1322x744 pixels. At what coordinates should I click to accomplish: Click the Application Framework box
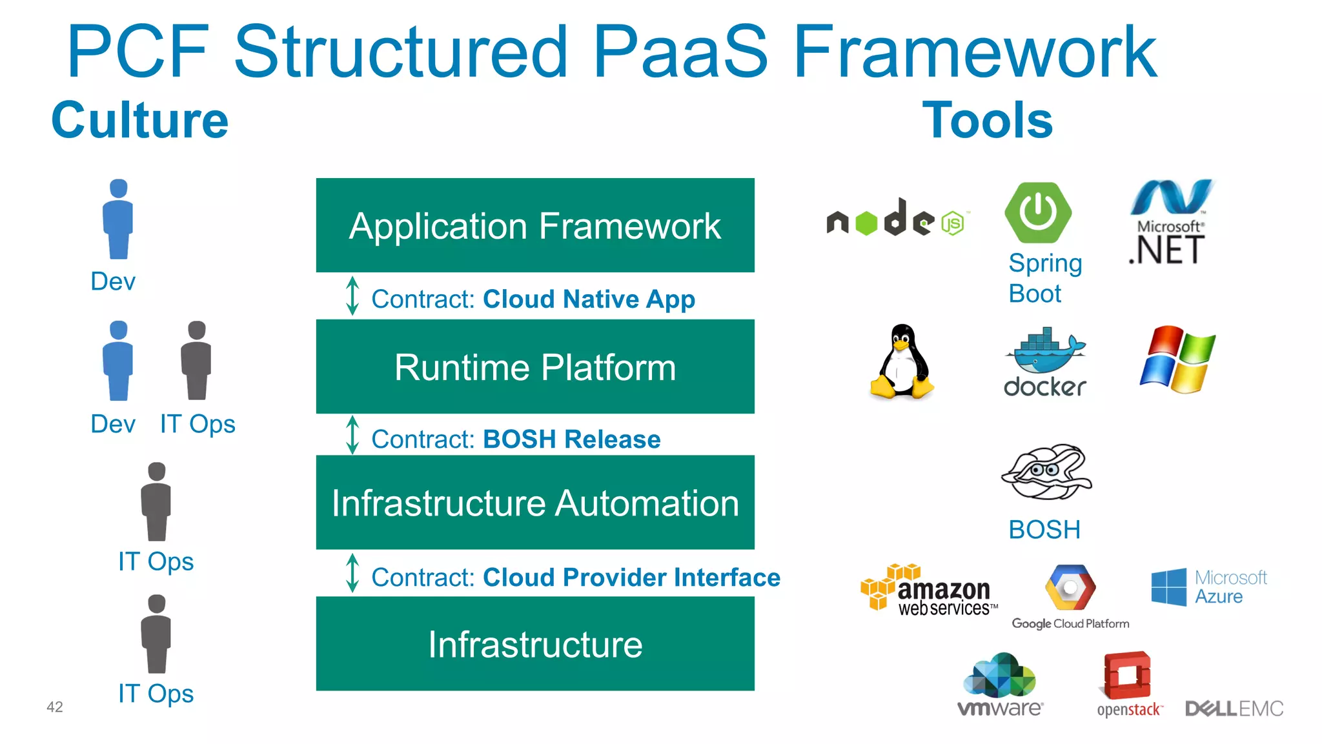[534, 225]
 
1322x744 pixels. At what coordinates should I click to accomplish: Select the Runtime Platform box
[534, 367]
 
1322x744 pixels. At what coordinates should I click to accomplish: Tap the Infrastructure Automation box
[534, 503]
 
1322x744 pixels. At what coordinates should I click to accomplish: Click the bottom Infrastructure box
[534, 644]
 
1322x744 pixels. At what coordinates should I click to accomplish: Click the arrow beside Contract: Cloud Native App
[352, 296]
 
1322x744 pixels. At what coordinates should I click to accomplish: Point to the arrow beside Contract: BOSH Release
[352, 435]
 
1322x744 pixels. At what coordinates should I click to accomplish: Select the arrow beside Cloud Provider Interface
[352, 573]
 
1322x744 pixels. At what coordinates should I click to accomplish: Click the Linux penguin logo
[902, 361]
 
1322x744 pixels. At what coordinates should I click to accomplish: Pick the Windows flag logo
[1177, 359]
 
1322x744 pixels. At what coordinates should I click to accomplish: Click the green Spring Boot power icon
[1038, 213]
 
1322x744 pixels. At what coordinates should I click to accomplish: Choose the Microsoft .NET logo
[1170, 222]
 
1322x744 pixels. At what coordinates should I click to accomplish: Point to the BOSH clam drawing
[1046, 472]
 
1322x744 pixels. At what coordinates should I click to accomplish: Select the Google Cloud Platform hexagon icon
[1070, 587]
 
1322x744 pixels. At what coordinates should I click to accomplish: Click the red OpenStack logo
[1128, 677]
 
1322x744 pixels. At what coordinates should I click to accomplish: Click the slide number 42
[55, 707]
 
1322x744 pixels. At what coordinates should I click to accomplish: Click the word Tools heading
[987, 121]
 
